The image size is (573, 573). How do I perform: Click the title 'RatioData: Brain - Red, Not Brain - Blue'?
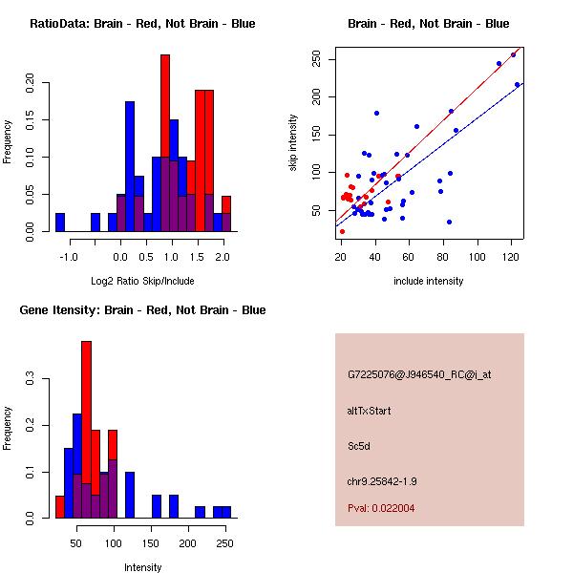pyautogui.click(x=142, y=24)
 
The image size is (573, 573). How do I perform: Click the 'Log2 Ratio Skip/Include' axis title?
pyautogui.click(x=142, y=281)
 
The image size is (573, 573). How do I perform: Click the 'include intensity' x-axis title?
pyautogui.click(x=428, y=281)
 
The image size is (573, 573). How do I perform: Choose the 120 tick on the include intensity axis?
pyautogui.click(x=517, y=256)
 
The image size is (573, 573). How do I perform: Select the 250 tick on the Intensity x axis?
pyautogui.click(x=225, y=543)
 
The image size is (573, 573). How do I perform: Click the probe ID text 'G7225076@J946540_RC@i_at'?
pyautogui.click(x=419, y=375)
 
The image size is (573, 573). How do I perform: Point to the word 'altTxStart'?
pyautogui.click(x=369, y=411)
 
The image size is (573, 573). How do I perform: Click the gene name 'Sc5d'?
pyautogui.click(x=359, y=445)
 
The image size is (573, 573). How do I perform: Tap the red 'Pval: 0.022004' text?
pyautogui.click(x=381, y=508)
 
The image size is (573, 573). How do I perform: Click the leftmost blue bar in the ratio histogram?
pyautogui.click(x=60, y=223)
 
